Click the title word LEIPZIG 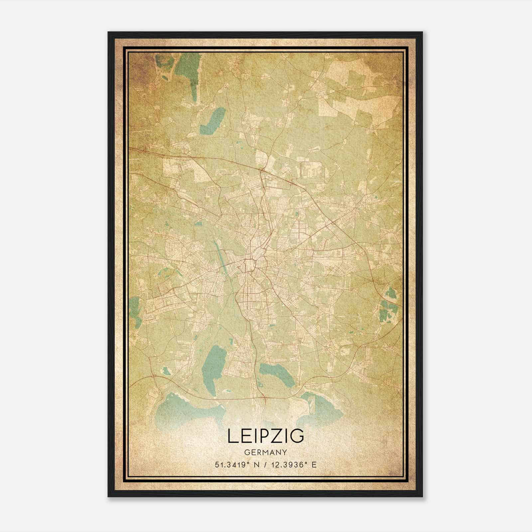(266, 436)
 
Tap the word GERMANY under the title (265, 452)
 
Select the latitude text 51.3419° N (236, 465)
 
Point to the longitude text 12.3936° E (293, 465)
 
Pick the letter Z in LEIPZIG (275, 436)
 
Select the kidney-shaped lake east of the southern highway (277, 374)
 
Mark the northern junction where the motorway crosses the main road (262, 171)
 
